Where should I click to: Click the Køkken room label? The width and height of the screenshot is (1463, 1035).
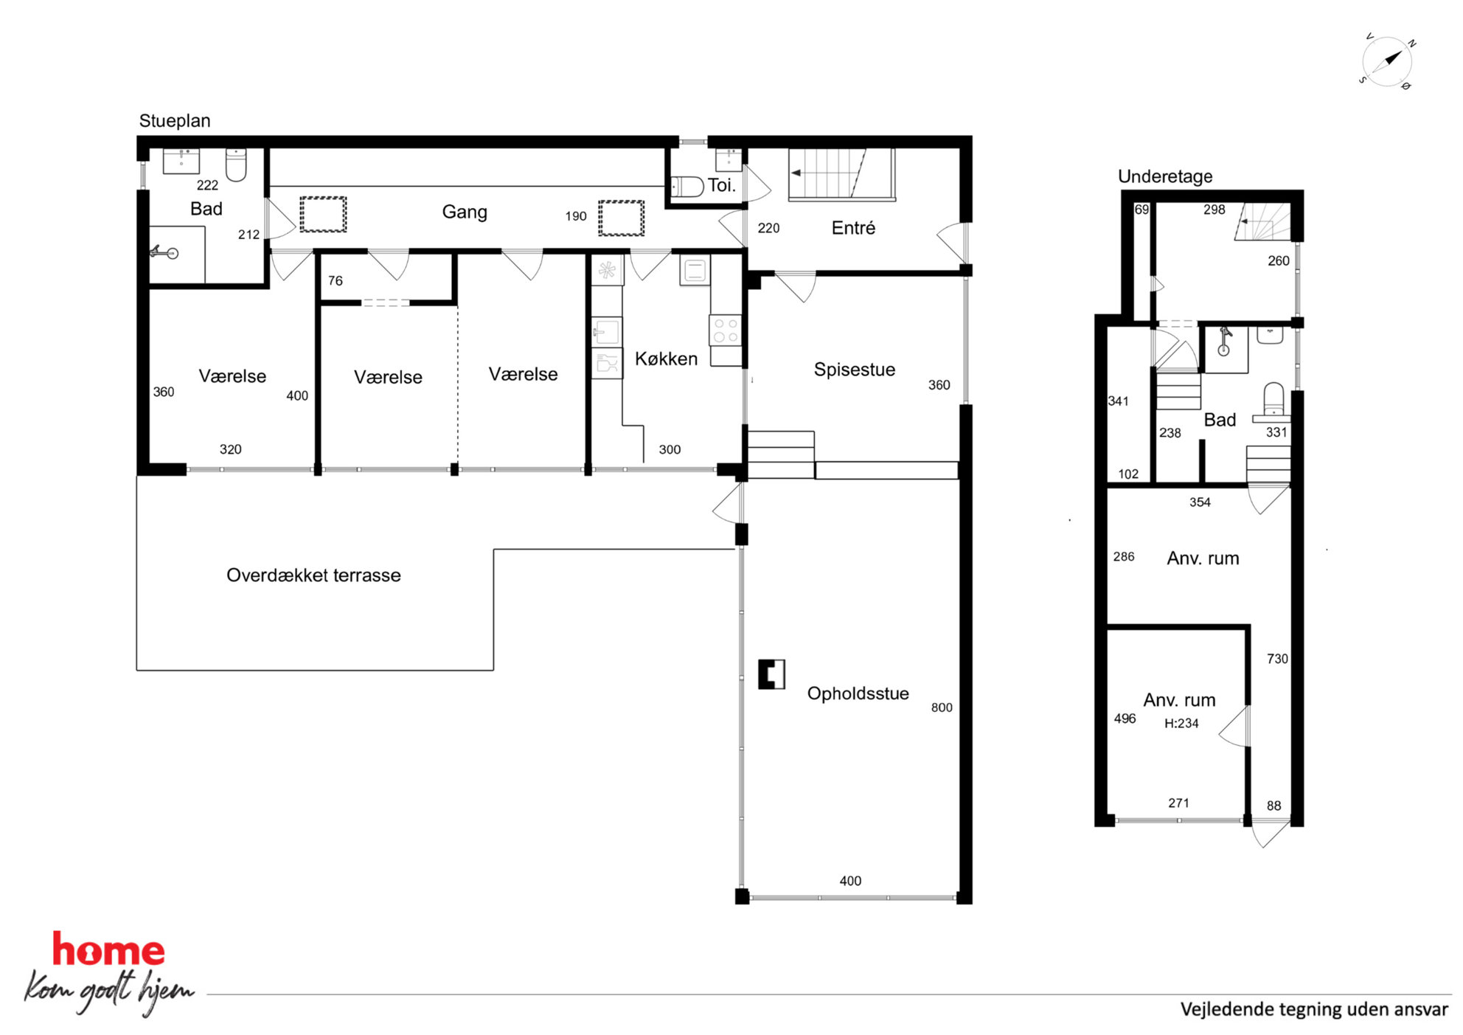click(666, 359)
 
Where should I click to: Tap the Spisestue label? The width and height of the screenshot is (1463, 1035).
click(854, 370)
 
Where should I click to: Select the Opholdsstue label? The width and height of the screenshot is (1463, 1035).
click(858, 693)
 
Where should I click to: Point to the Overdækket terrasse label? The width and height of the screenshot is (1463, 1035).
click(313, 575)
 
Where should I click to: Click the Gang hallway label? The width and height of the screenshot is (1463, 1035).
click(465, 212)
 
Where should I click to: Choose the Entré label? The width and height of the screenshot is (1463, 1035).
click(853, 228)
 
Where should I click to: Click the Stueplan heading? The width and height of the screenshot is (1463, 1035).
click(175, 121)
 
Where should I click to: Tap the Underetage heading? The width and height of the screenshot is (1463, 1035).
click(1165, 177)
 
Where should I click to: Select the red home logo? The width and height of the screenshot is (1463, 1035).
click(108, 950)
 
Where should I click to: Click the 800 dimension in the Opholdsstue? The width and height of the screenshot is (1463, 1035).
click(942, 707)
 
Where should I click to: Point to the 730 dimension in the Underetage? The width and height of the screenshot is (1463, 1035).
click(1277, 659)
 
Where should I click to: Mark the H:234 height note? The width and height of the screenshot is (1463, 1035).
click(1181, 724)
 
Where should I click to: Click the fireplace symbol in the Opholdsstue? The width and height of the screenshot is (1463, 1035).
click(771, 674)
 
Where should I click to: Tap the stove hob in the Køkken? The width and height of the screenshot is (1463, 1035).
click(725, 330)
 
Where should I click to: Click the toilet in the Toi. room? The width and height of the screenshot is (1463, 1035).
click(687, 186)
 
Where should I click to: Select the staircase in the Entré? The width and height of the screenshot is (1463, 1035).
click(841, 175)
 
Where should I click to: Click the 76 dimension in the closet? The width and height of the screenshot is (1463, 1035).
click(336, 281)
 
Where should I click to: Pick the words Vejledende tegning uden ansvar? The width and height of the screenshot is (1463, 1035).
click(1314, 1009)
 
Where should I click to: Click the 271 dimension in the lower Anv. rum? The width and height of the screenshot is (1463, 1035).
click(1178, 803)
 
